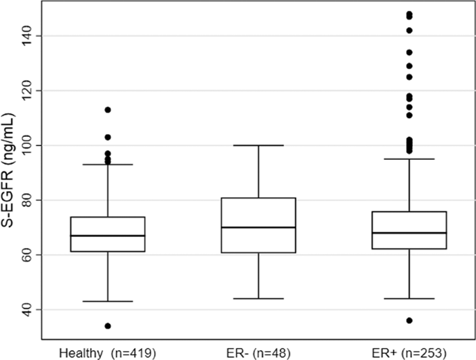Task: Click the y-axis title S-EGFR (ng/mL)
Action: pyautogui.click(x=11, y=172)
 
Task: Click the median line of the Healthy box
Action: pyautogui.click(x=108, y=236)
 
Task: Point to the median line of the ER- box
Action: pyautogui.click(x=258, y=227)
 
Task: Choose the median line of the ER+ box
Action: pyautogui.click(x=409, y=233)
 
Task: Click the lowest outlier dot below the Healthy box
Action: pyautogui.click(x=108, y=326)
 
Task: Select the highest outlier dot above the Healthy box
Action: pyautogui.click(x=108, y=110)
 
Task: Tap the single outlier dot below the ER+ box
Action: pyautogui.click(x=409, y=320)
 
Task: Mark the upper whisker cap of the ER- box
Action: pyautogui.click(x=258, y=145)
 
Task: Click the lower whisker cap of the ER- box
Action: pyautogui.click(x=258, y=299)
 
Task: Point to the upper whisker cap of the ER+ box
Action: pyautogui.click(x=409, y=159)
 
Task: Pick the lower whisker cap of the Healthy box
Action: pyautogui.click(x=108, y=302)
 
